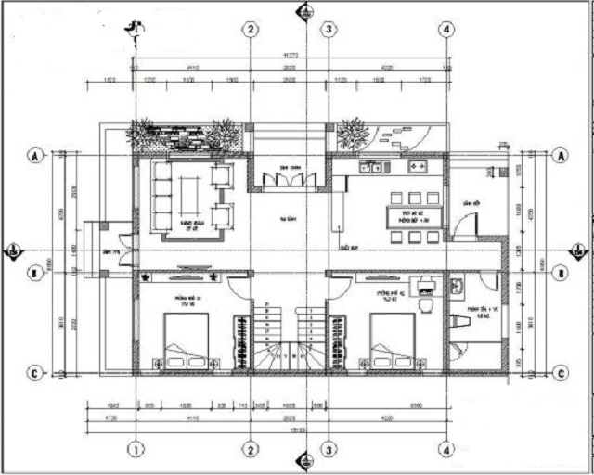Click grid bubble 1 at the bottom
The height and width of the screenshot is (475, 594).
pyautogui.click(x=136, y=450)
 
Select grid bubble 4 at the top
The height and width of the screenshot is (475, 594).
pyautogui.click(x=447, y=30)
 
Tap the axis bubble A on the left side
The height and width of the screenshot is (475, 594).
pyautogui.click(x=36, y=156)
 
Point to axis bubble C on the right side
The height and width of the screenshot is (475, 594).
pyautogui.click(x=560, y=373)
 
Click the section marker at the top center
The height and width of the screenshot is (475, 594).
pyautogui.click(x=302, y=12)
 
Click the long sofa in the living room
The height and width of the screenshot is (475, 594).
pyautogui.click(x=162, y=196)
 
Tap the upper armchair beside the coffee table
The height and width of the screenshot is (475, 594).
pyautogui.click(x=222, y=174)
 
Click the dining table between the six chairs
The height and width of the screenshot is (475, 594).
pyautogui.click(x=408, y=217)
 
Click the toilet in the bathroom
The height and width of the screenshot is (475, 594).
pyautogui.click(x=458, y=320)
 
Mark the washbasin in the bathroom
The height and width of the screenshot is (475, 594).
pyautogui.click(x=457, y=288)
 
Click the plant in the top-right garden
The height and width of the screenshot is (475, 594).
pyautogui.click(x=353, y=134)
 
